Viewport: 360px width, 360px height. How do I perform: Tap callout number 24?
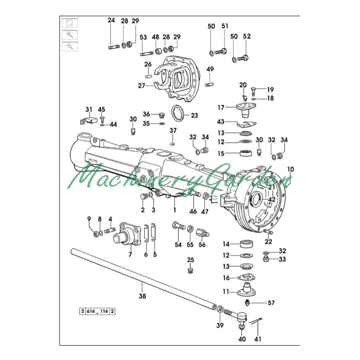[x=112, y=21]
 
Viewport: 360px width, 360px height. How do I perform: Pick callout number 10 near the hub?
[x=291, y=169]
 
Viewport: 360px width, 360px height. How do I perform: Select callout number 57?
[x=271, y=303]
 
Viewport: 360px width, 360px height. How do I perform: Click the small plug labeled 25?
[x=190, y=271]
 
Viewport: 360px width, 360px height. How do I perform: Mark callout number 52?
[x=247, y=37]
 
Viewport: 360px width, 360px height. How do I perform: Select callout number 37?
[x=173, y=130]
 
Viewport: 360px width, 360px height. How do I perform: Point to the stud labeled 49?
[x=210, y=84]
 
